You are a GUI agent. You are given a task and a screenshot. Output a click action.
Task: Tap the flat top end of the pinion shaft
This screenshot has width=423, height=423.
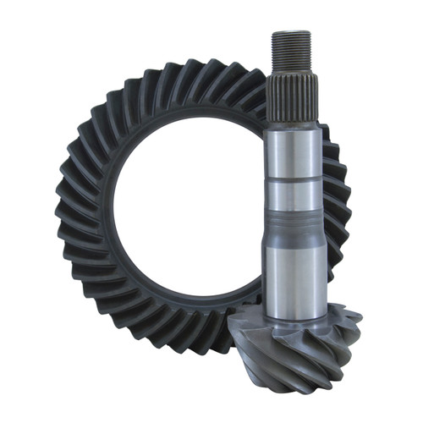(291, 33)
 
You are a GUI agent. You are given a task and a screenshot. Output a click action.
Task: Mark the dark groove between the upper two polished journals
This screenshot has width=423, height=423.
(294, 179)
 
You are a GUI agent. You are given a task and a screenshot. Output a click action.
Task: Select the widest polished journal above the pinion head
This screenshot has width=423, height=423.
(295, 271)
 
